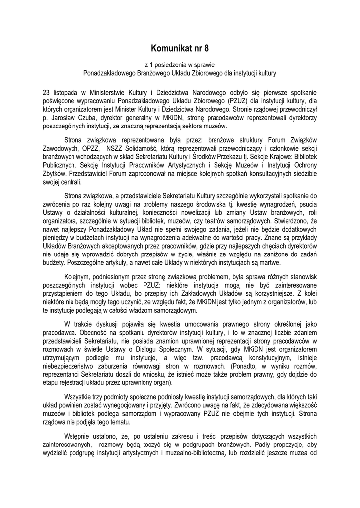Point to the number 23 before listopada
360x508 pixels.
(46, 92)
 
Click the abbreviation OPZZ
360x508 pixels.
(89, 147)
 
